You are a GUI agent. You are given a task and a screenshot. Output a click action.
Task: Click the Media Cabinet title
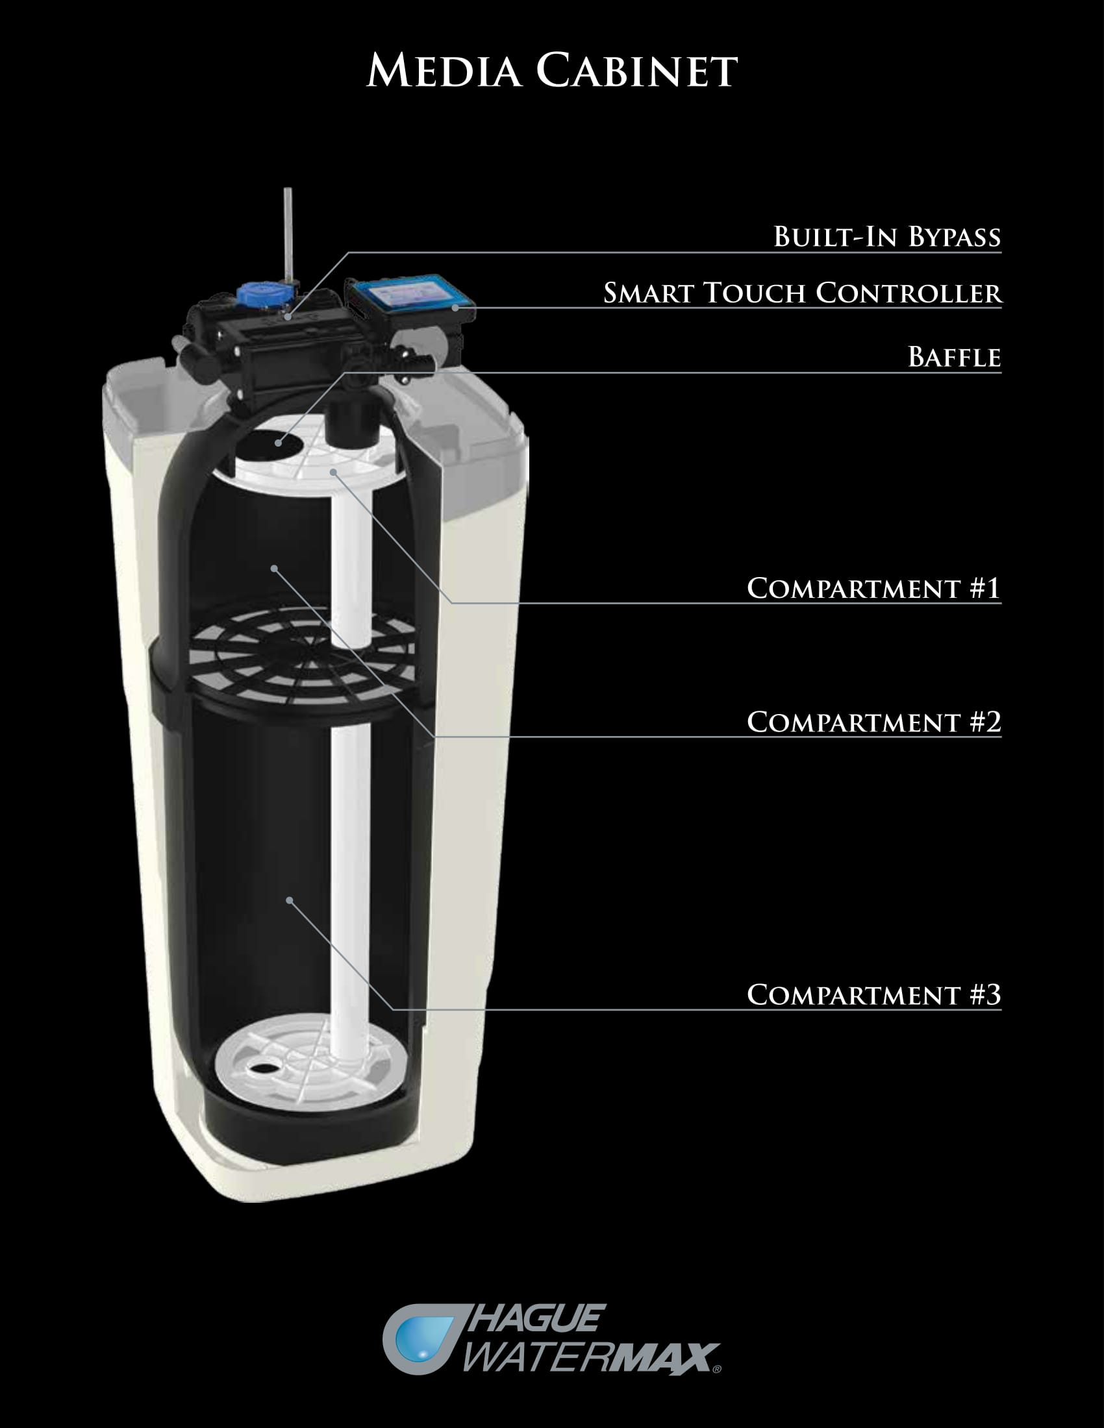click(552, 70)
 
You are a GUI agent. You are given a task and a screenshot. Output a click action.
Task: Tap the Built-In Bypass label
click(887, 237)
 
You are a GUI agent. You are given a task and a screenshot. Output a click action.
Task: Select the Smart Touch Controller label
click(802, 293)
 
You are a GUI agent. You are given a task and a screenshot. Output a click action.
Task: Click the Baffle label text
click(954, 357)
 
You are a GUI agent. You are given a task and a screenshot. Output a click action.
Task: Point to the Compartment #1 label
click(873, 588)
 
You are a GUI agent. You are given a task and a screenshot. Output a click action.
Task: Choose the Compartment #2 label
click(873, 722)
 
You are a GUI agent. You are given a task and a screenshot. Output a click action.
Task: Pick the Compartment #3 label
click(873, 994)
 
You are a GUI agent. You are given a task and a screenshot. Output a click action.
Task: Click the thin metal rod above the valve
click(288, 235)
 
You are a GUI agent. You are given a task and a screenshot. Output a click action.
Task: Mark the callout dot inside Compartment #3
click(289, 900)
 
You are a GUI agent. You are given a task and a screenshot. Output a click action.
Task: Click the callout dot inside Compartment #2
click(274, 568)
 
